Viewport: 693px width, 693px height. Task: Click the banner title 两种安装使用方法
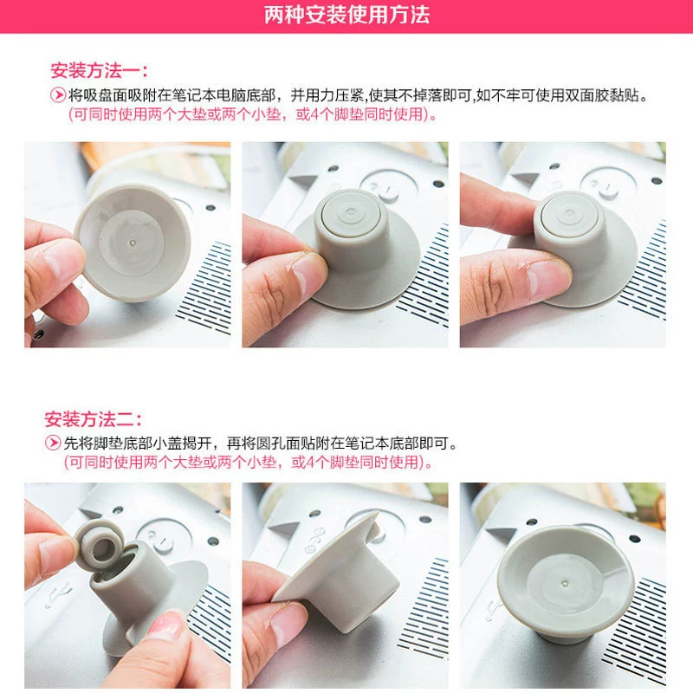coord(347,15)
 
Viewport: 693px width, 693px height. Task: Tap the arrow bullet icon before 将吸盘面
coord(57,95)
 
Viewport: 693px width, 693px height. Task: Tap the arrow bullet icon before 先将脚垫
coord(53,443)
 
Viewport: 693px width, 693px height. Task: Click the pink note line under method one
coord(252,114)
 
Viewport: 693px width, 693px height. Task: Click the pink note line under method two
coord(249,463)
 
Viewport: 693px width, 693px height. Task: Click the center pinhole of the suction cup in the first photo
coord(133,243)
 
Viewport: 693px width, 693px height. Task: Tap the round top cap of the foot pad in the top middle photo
coord(351,212)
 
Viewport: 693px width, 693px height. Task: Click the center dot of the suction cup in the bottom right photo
coord(565,584)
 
